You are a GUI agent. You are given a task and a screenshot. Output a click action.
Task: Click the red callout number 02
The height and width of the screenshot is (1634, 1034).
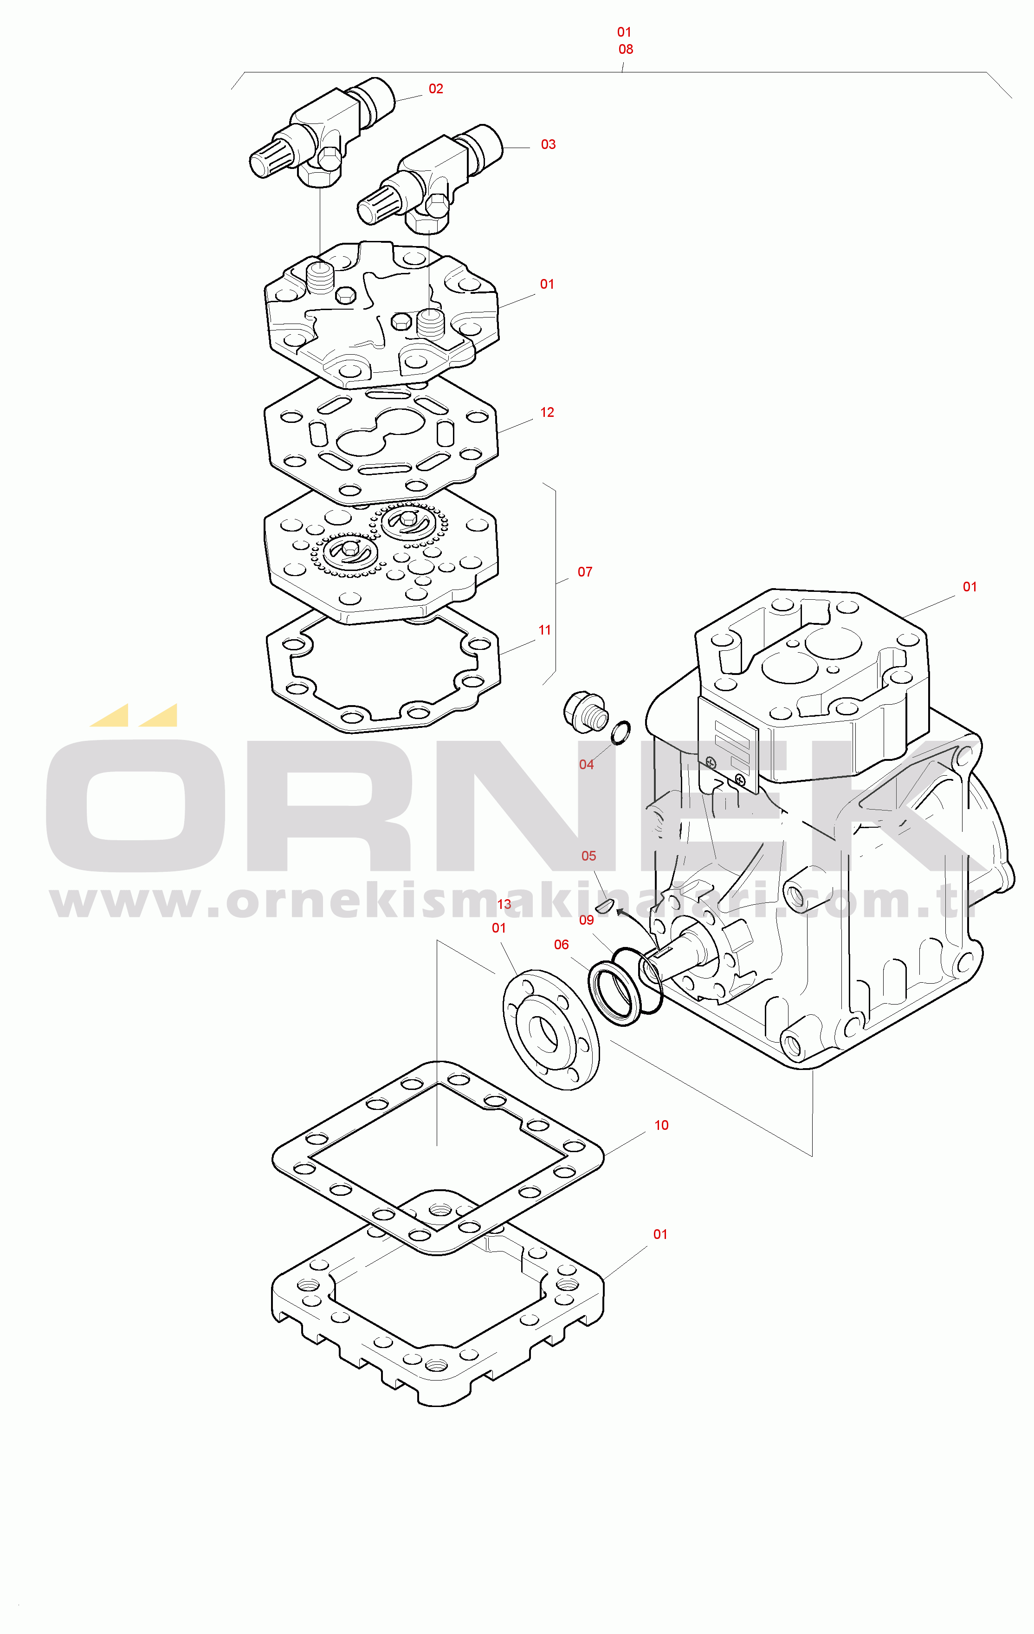point(436,89)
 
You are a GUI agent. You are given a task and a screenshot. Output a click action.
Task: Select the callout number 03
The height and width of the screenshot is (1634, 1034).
point(548,144)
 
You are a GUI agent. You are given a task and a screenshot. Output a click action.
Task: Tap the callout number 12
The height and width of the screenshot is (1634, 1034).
point(547,413)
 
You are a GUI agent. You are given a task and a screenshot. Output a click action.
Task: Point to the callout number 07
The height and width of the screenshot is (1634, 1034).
point(585,572)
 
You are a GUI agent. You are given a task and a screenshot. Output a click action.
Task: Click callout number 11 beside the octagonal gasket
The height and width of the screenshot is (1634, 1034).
point(545,630)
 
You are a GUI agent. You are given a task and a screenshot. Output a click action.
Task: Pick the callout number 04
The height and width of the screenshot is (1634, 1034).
point(586,765)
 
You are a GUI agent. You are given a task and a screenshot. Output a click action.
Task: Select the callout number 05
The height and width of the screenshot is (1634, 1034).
point(589,856)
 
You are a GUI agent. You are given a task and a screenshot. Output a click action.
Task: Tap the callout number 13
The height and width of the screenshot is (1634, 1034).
point(504,905)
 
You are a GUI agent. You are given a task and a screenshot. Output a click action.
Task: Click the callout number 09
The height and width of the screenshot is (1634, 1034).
point(586,920)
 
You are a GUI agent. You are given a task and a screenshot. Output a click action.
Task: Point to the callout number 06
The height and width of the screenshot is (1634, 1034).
point(561,945)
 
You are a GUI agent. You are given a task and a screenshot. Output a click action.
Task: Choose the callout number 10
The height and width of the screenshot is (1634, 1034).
point(661,1125)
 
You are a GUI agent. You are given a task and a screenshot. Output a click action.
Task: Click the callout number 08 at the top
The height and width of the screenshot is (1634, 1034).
point(626,50)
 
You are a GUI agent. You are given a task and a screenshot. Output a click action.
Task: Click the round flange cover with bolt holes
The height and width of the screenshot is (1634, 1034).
point(551,1030)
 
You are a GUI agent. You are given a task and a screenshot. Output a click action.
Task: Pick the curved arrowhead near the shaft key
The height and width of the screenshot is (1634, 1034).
point(620,912)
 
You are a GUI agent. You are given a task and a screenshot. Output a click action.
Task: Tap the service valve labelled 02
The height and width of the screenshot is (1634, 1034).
point(322,133)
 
